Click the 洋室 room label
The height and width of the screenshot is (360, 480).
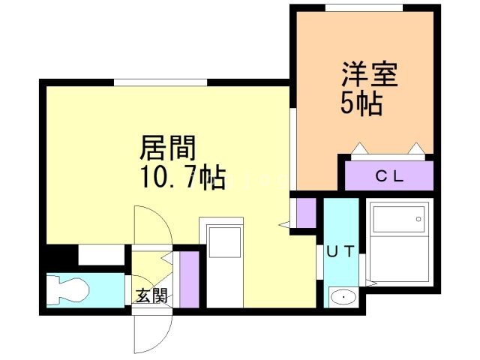click(370, 75)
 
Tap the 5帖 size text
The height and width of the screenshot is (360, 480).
click(361, 103)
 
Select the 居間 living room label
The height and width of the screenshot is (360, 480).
click(168, 148)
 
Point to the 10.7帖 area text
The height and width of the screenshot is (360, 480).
click(183, 177)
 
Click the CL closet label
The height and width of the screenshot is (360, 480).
click(389, 176)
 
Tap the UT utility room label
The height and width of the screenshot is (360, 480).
click(340, 252)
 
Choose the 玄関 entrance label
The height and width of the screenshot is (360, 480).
click(151, 295)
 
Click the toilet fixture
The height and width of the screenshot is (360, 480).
click(68, 290)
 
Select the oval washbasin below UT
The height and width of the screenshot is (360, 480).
click(343, 297)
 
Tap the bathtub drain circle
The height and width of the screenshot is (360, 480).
click(418, 219)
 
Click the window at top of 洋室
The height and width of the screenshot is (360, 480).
click(364, 8)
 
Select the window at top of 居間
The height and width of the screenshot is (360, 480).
click(160, 82)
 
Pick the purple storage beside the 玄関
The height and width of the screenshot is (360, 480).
click(189, 280)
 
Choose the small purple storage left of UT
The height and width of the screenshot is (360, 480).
click(306, 213)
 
